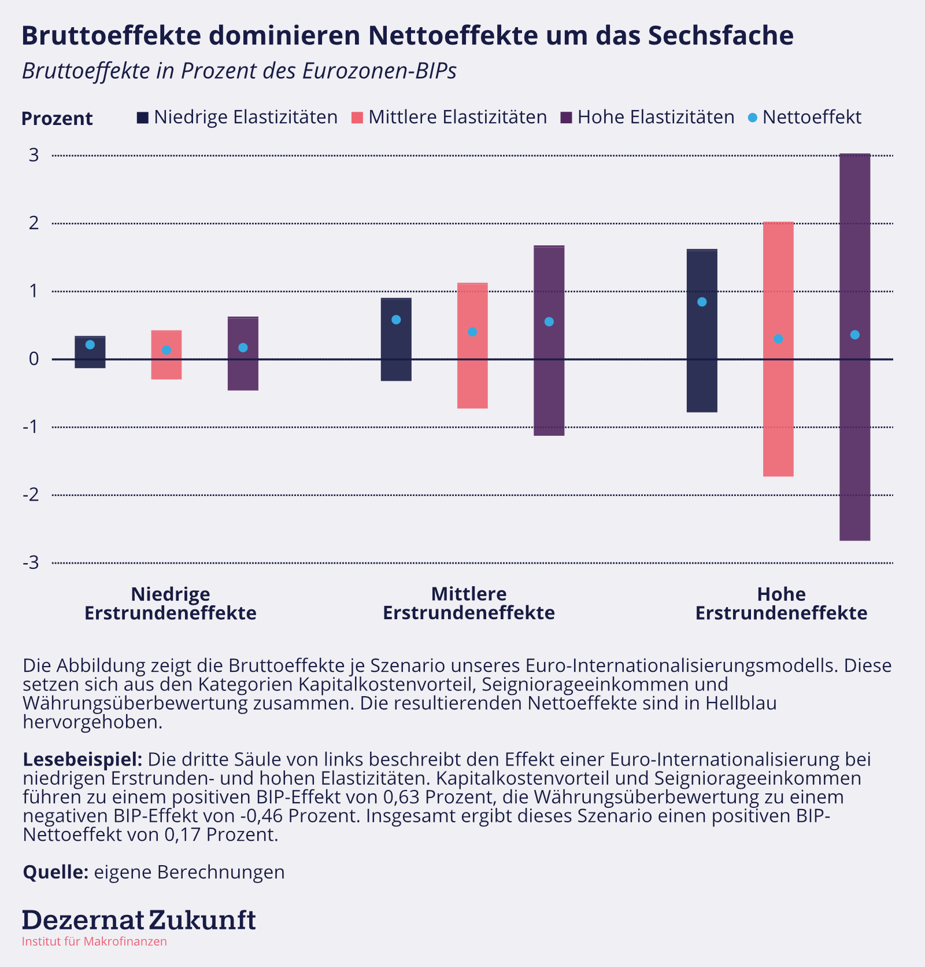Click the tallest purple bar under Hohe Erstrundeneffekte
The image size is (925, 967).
coord(854,347)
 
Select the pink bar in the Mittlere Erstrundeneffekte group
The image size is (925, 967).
coord(472,345)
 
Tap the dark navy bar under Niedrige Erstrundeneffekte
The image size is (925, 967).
coord(90,352)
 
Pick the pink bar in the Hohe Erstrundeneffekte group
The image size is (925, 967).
coord(778,349)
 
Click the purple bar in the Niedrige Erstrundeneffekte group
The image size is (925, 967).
coord(243,354)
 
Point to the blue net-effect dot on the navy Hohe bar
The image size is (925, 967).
coord(702,302)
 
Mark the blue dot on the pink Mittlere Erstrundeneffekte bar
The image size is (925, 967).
coord(472,332)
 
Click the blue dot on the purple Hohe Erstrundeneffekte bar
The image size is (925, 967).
coord(854,335)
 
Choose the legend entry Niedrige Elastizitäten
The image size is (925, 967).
coord(237,117)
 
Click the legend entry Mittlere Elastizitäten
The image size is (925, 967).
coord(449,117)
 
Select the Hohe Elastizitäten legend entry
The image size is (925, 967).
coord(647,117)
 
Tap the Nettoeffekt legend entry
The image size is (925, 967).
coord(805,117)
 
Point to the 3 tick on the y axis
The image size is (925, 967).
coord(34,155)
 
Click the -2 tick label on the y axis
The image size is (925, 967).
coord(31,495)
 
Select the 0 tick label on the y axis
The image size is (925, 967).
coord(34,359)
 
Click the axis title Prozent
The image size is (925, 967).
coord(57,119)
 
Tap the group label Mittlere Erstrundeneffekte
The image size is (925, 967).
coord(469,603)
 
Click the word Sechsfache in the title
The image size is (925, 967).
coord(720,35)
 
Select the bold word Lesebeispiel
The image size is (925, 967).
coord(83,759)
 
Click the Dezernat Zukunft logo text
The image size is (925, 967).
coord(139,920)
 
